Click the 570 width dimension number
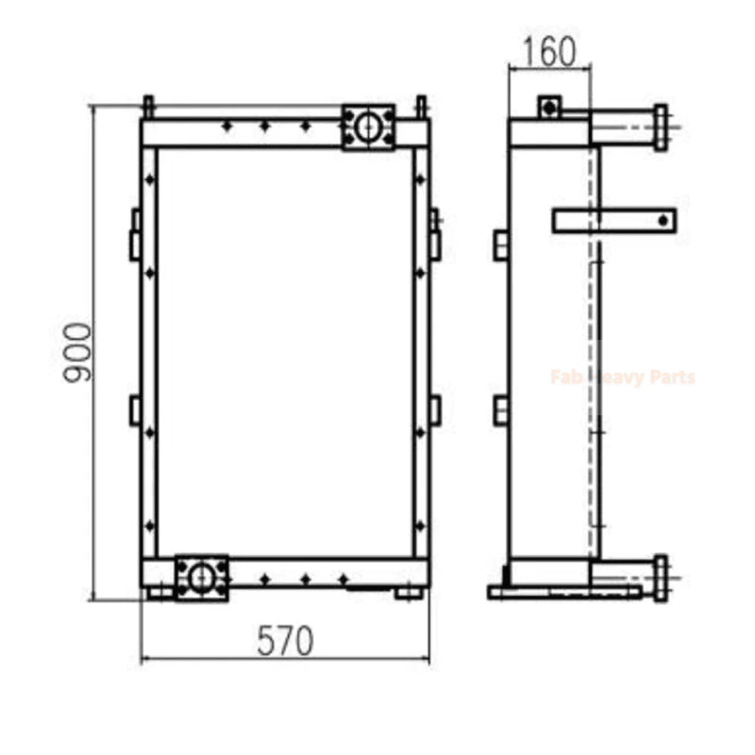tap(284, 641)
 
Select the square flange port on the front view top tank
tap(368, 126)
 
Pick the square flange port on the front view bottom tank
tap(201, 578)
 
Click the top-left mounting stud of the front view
tap(148, 105)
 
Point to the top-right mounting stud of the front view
tap(421, 105)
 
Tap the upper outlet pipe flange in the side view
tap(660, 127)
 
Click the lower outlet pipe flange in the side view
tap(660, 578)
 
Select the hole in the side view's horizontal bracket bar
tap(664, 220)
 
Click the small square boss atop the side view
tap(549, 107)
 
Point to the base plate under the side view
tap(564, 593)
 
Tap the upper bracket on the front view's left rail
tap(135, 234)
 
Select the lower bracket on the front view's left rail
tap(135, 410)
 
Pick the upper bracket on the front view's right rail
tap(435, 234)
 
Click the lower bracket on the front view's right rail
tap(435, 410)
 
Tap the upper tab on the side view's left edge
tap(501, 245)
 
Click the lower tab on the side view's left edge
tap(501, 410)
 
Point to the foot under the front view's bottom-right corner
tap(408, 594)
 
